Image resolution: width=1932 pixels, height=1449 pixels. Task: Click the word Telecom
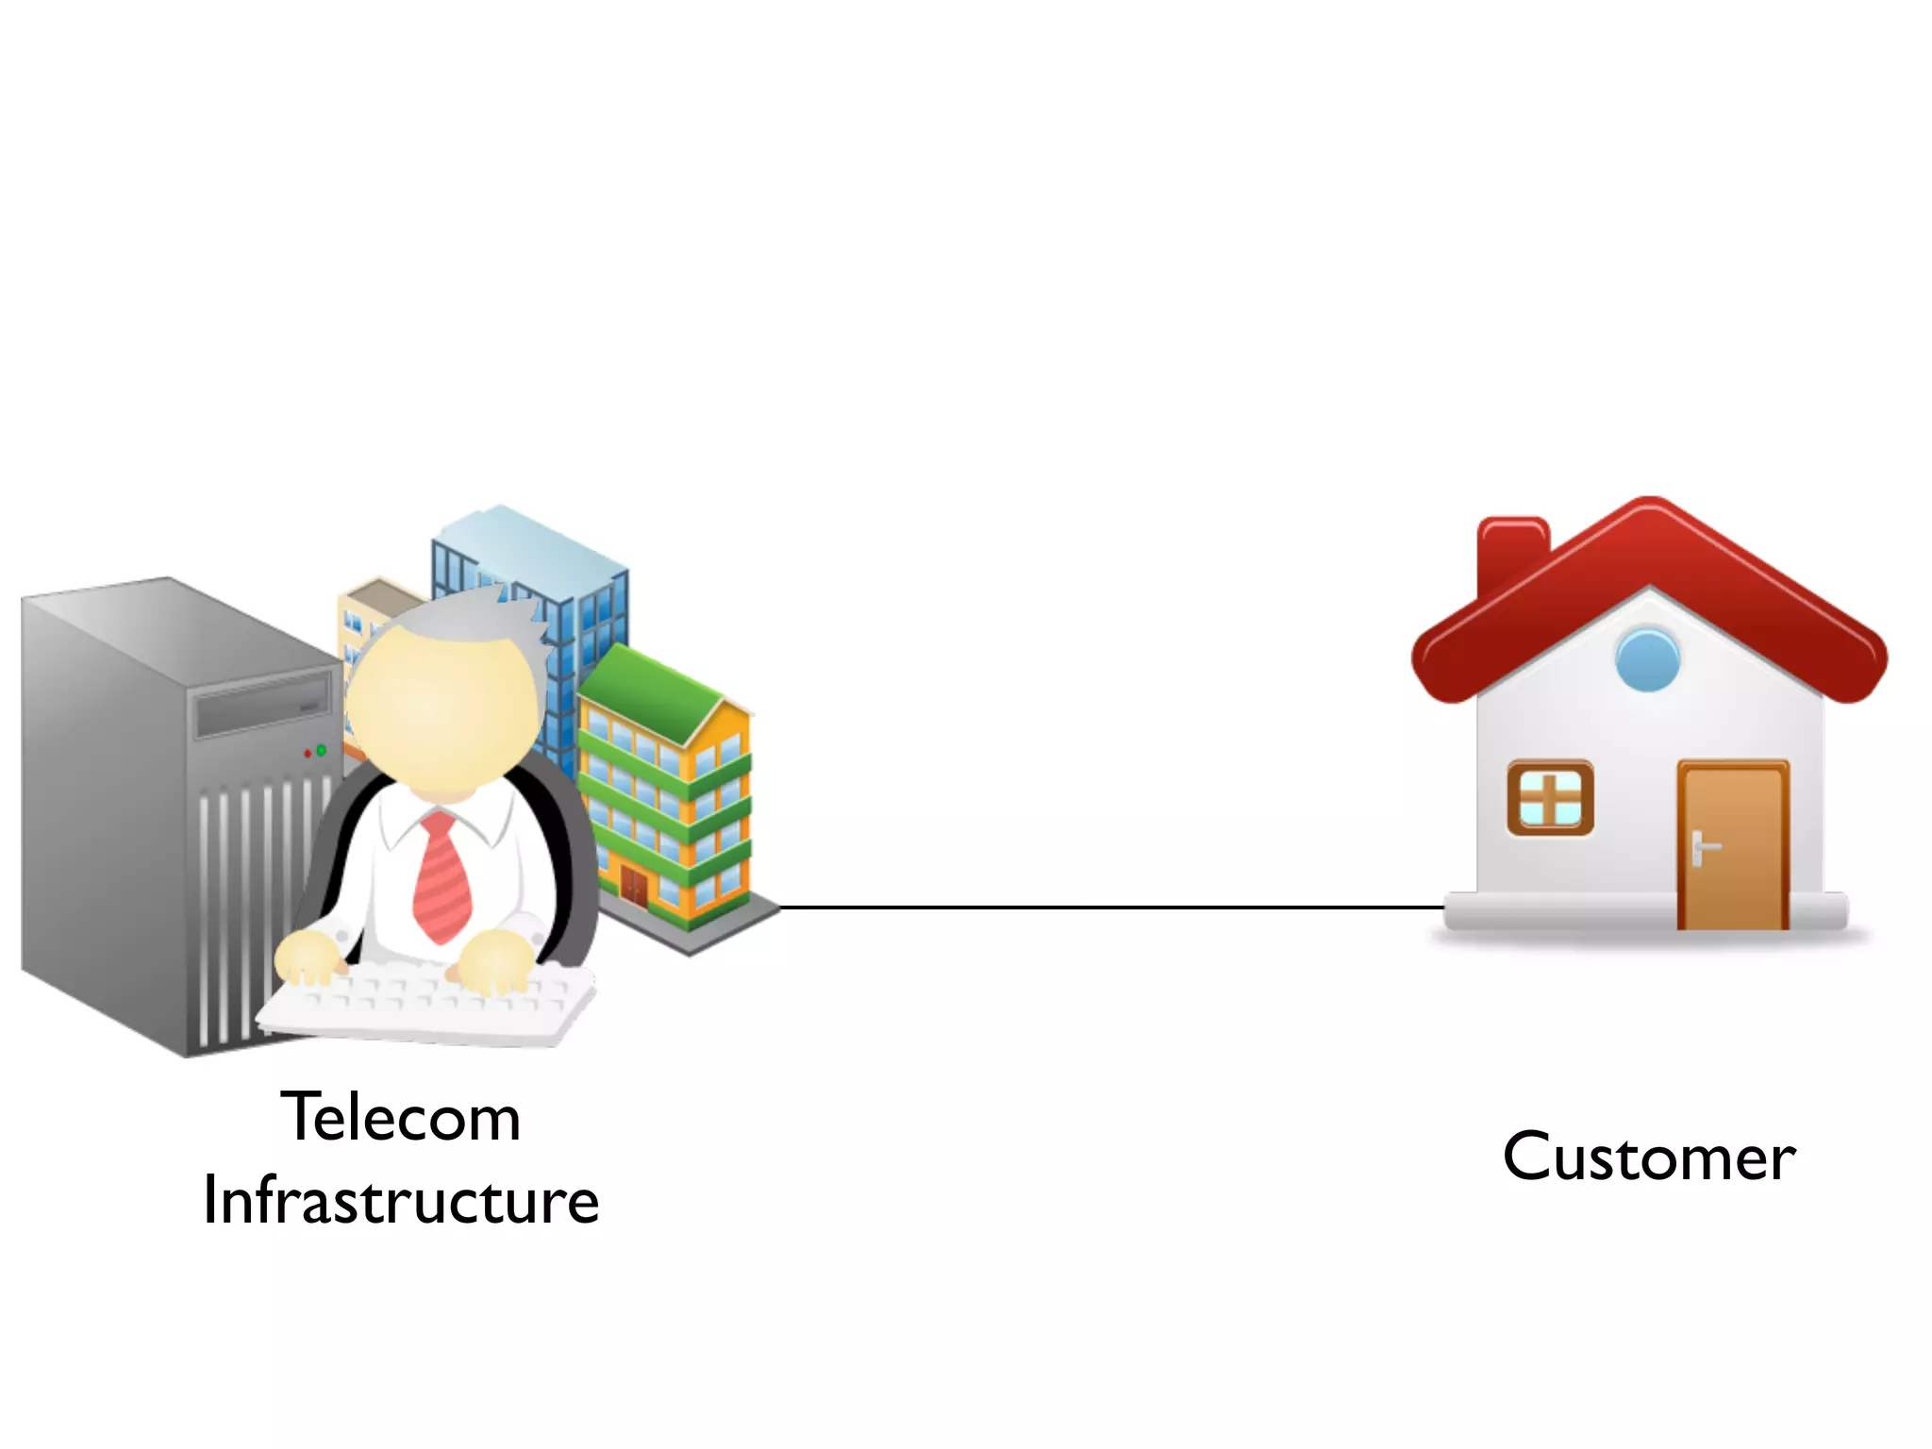[401, 1118]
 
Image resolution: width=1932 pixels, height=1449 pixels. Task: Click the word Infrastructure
[401, 1201]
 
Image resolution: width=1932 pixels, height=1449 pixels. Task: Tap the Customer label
[1649, 1158]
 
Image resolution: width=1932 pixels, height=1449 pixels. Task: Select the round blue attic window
[1647, 659]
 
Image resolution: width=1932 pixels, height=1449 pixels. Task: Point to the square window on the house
[1550, 798]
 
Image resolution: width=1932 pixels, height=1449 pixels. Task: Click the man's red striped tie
[441, 877]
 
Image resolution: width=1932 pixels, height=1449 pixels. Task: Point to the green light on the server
[322, 750]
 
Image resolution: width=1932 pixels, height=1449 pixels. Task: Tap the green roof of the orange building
[651, 693]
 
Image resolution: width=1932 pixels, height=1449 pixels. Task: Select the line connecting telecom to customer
[1113, 908]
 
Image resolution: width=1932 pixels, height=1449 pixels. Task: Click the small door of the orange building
[634, 887]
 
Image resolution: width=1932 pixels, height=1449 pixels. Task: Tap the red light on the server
[308, 754]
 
